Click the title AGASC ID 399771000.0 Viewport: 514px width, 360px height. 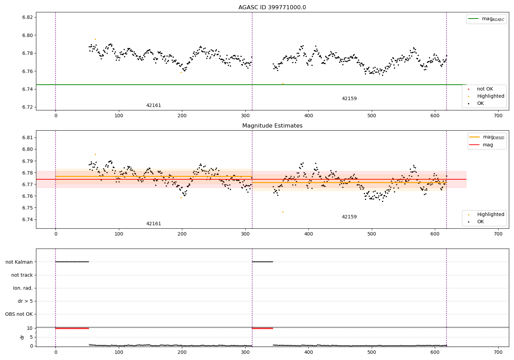pos(272,8)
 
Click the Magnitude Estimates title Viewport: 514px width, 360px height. pos(272,126)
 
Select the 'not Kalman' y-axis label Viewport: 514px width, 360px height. pos(19,262)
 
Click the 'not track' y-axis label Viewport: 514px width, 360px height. pos(22,275)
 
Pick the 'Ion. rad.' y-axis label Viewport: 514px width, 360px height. pos(23,288)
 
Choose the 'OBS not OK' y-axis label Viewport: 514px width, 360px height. pos(19,314)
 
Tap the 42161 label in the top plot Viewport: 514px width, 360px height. pos(154,106)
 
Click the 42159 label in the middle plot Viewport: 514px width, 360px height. pos(349,217)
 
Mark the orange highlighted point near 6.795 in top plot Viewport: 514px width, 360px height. pos(95,39)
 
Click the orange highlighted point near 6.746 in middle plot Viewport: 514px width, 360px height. pos(283,212)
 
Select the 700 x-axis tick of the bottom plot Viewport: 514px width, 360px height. pos(498,352)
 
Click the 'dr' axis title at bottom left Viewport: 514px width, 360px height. pos(22,337)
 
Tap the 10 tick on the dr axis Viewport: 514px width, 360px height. pos(29,328)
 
